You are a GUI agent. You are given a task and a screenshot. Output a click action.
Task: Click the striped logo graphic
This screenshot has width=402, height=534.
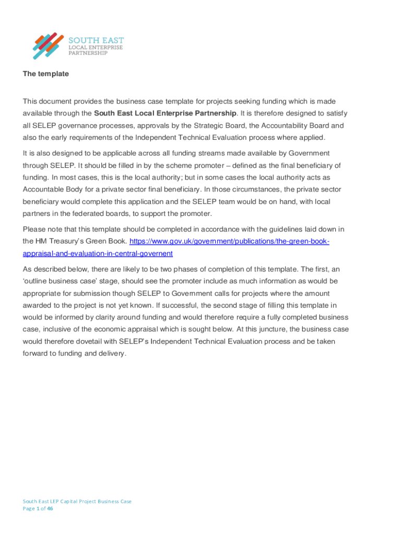pyautogui.click(x=49, y=45)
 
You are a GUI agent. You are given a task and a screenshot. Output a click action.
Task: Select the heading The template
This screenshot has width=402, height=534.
pyautogui.click(x=46, y=74)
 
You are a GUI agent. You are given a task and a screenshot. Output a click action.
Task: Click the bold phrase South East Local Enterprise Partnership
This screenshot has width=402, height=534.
pyautogui.click(x=165, y=113)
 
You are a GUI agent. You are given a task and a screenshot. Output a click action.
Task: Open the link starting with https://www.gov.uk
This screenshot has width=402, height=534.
pyautogui.click(x=229, y=241)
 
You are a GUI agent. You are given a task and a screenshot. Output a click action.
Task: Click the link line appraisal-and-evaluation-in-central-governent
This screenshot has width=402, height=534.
pyautogui.click(x=98, y=254)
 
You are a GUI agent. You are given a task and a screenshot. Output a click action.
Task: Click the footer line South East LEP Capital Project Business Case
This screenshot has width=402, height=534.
pyautogui.click(x=77, y=501)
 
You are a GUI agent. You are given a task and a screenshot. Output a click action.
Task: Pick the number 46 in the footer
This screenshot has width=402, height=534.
pyautogui.click(x=50, y=509)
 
